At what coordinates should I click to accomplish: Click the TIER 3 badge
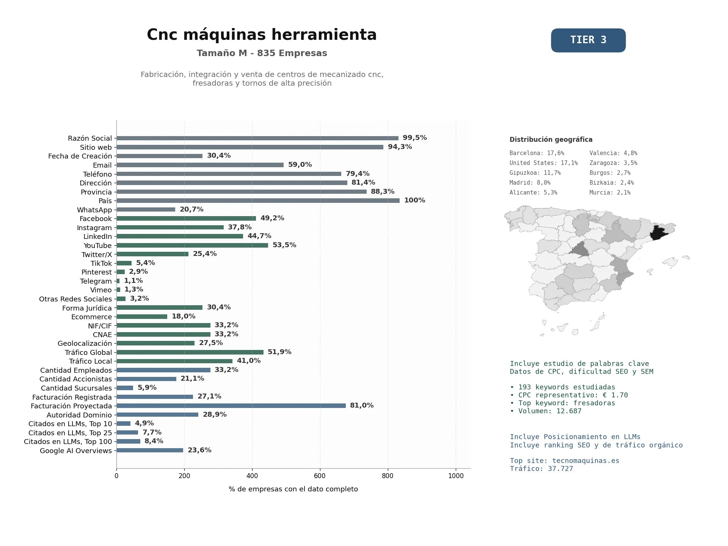coord(588,40)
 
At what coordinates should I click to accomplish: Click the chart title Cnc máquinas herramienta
coord(262,35)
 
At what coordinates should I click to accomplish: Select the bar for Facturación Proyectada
coord(231,406)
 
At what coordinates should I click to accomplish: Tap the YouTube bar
coord(192,245)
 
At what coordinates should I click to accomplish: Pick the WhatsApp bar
coord(146,210)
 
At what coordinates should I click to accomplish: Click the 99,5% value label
coord(414,138)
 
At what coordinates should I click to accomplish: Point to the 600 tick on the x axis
coord(320,476)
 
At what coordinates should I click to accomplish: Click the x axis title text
coord(293,489)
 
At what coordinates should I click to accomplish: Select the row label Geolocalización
coord(85,344)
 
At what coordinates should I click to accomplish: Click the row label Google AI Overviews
coord(76,451)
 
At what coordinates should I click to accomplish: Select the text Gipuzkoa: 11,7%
coord(535,173)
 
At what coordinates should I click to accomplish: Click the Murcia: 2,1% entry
coord(610,193)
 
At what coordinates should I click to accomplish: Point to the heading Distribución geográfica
coord(551,140)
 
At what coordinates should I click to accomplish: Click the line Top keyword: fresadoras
coord(563,403)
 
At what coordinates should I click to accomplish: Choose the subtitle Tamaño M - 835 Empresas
coord(262,53)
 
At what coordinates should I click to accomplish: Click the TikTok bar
coord(124,263)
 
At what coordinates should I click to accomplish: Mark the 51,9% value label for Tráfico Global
coord(279,352)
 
